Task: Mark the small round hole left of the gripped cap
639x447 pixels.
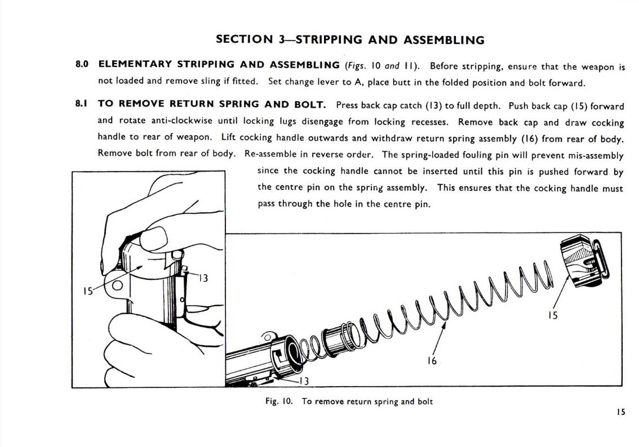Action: click(118, 285)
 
